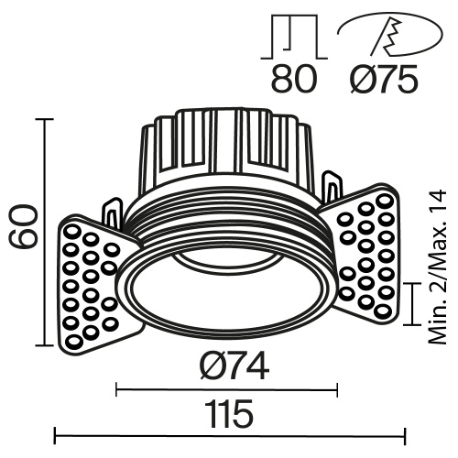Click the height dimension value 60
click(22, 227)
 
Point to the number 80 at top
click(294, 80)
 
